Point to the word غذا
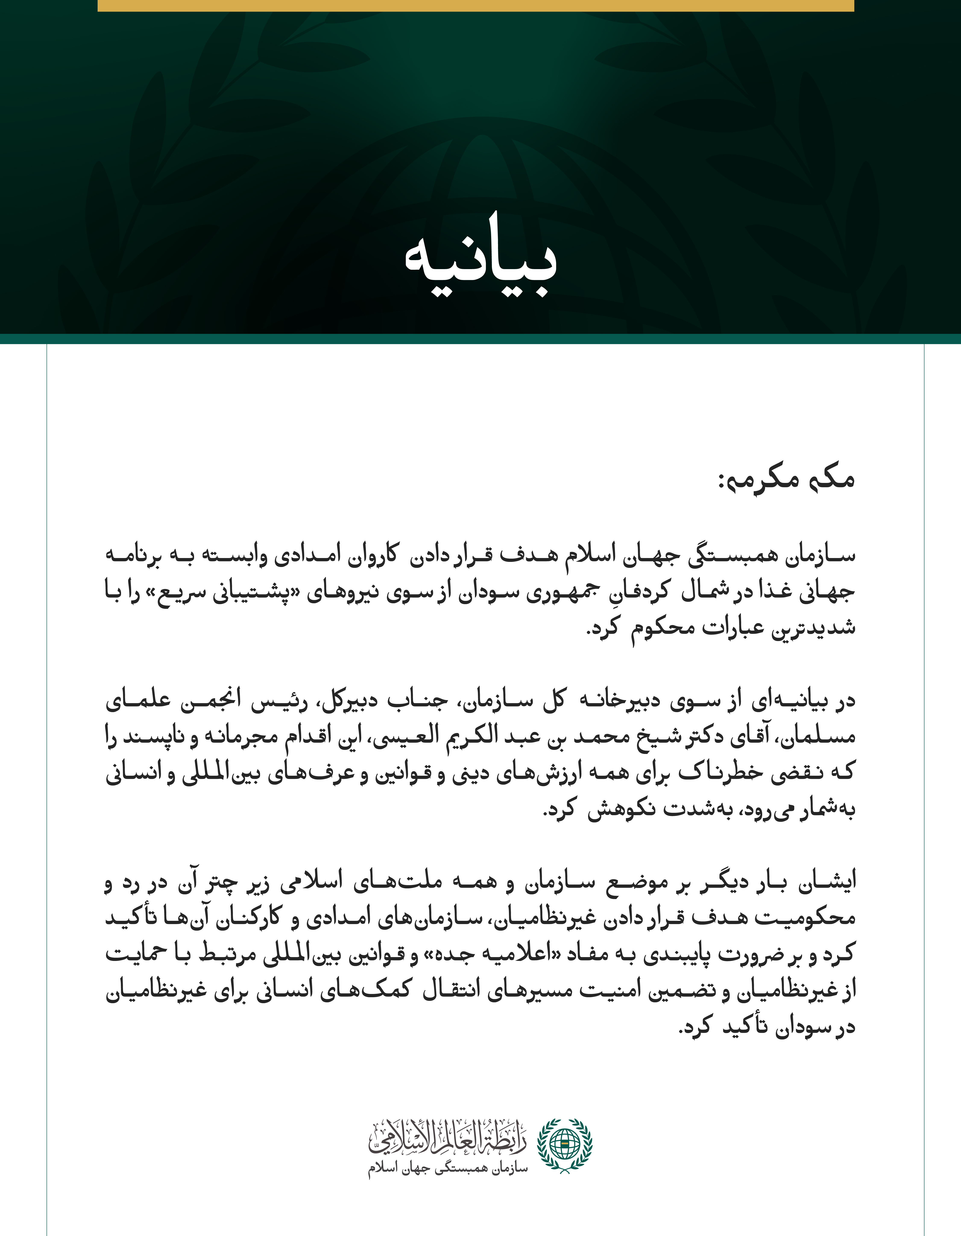780,592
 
